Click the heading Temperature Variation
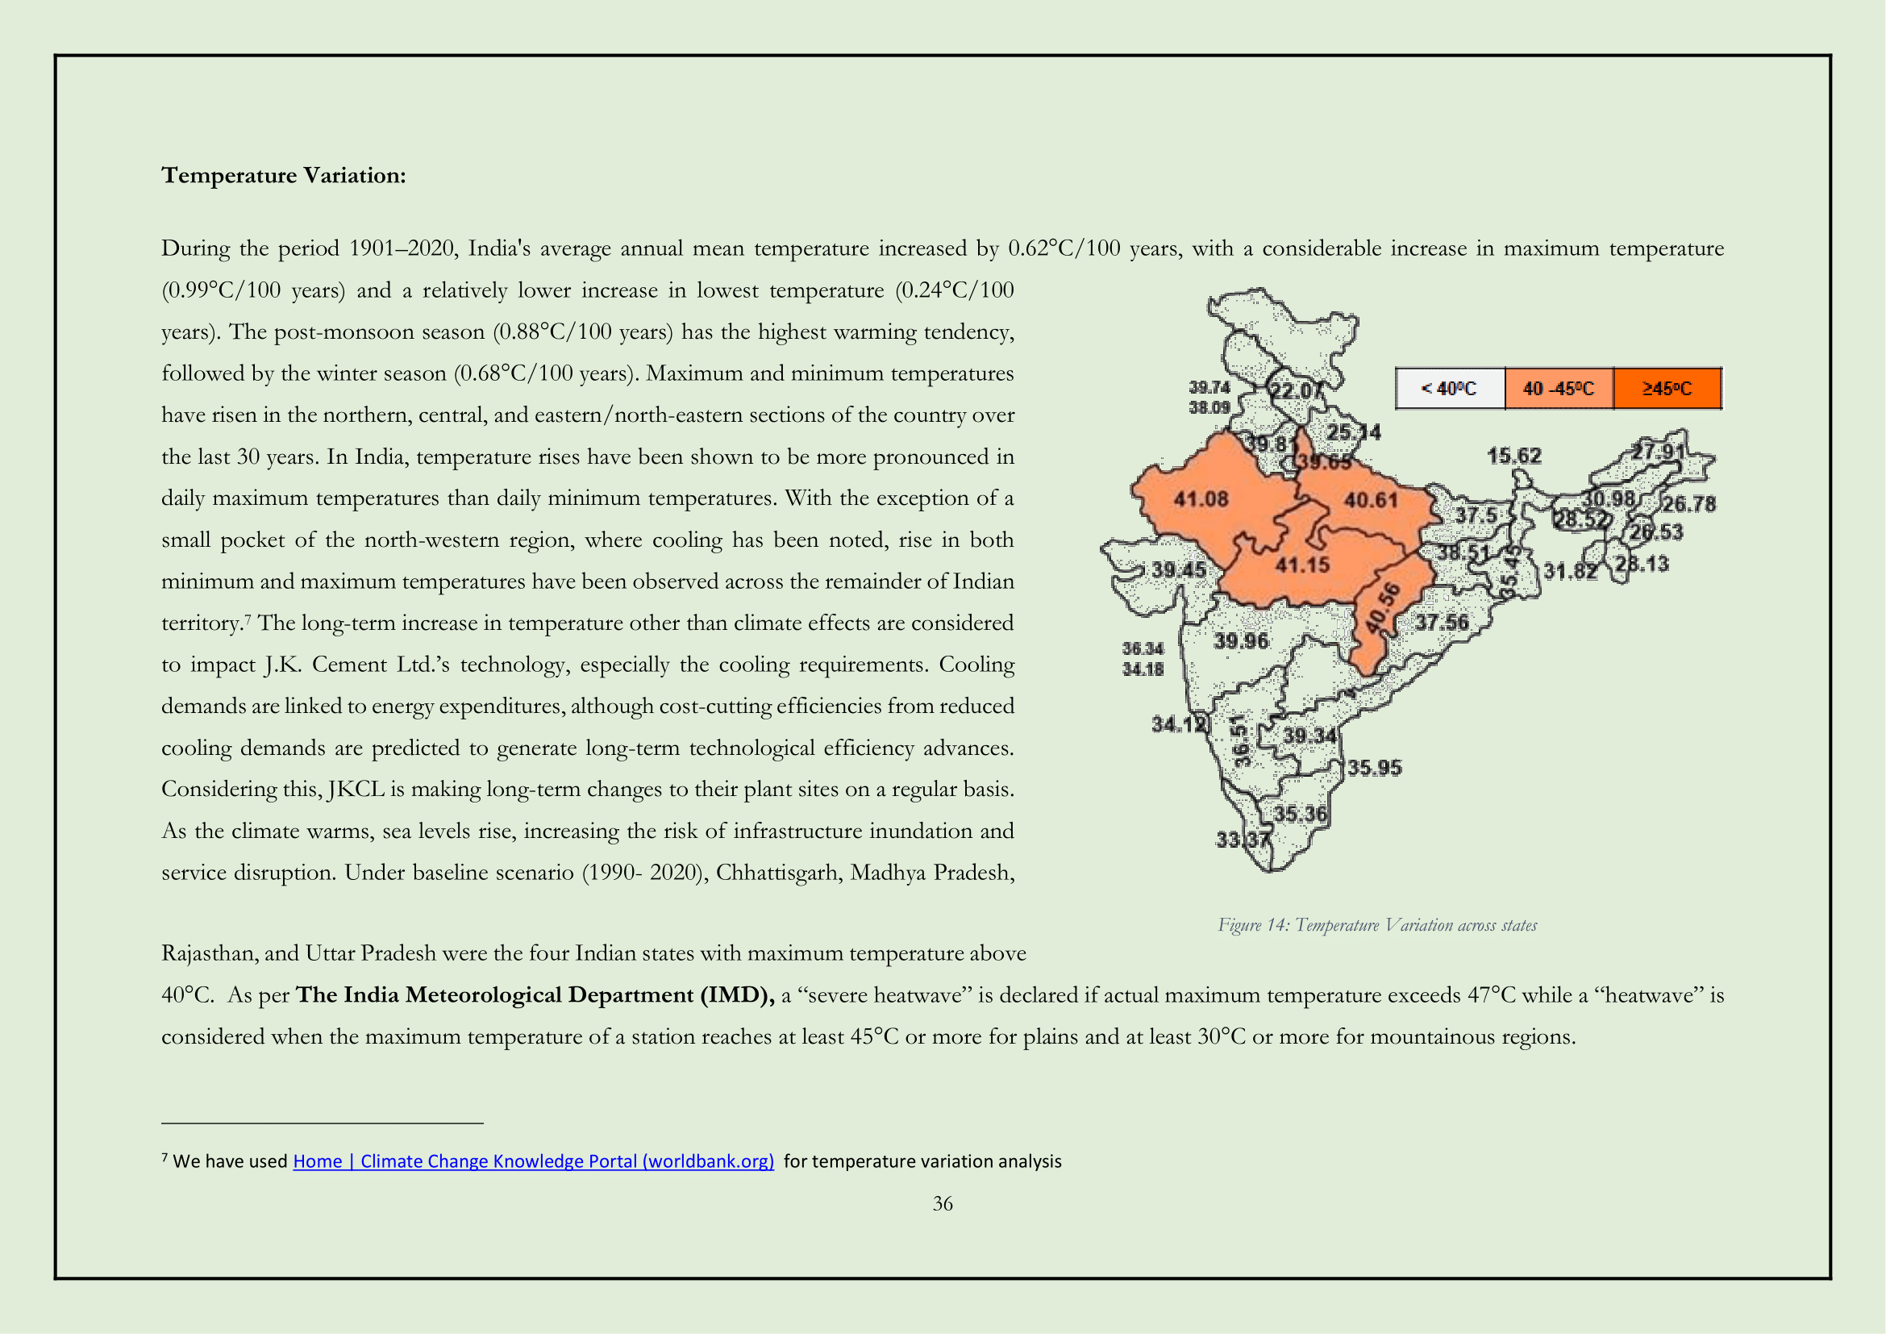(x=283, y=175)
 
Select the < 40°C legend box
(x=1450, y=389)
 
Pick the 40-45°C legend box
(x=1559, y=389)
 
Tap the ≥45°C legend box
(x=1667, y=389)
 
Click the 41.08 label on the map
(x=1200, y=498)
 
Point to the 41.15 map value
(x=1302, y=565)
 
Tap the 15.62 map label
(x=1514, y=456)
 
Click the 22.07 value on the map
(x=1297, y=391)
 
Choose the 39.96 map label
(x=1241, y=640)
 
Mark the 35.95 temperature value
(x=1374, y=768)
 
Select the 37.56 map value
(x=1442, y=623)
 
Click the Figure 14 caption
(x=1376, y=925)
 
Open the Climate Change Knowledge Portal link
(x=533, y=1161)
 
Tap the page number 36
(x=942, y=1203)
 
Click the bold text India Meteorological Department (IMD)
(x=535, y=994)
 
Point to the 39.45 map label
(x=1179, y=569)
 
